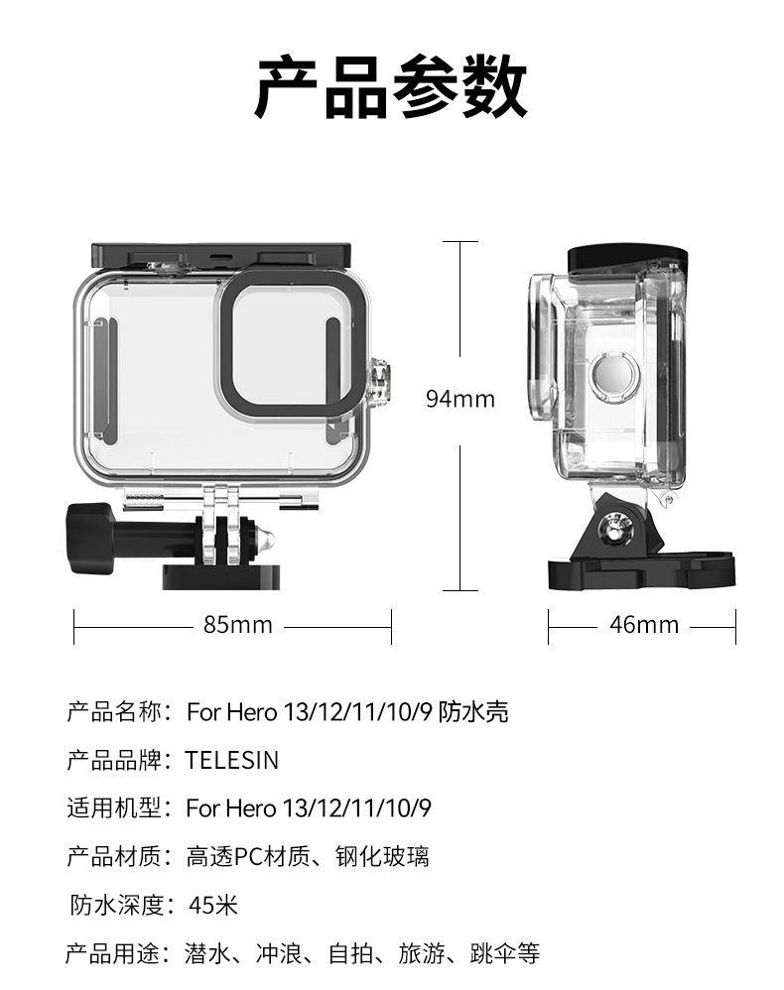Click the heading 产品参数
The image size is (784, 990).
[391, 87]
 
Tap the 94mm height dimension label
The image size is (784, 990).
[459, 399]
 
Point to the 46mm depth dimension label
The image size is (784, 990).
[643, 625]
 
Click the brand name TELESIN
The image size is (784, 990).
[232, 760]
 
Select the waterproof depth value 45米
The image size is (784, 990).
[212, 905]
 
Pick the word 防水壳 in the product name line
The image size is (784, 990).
[474, 711]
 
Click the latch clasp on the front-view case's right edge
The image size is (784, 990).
[378, 382]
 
